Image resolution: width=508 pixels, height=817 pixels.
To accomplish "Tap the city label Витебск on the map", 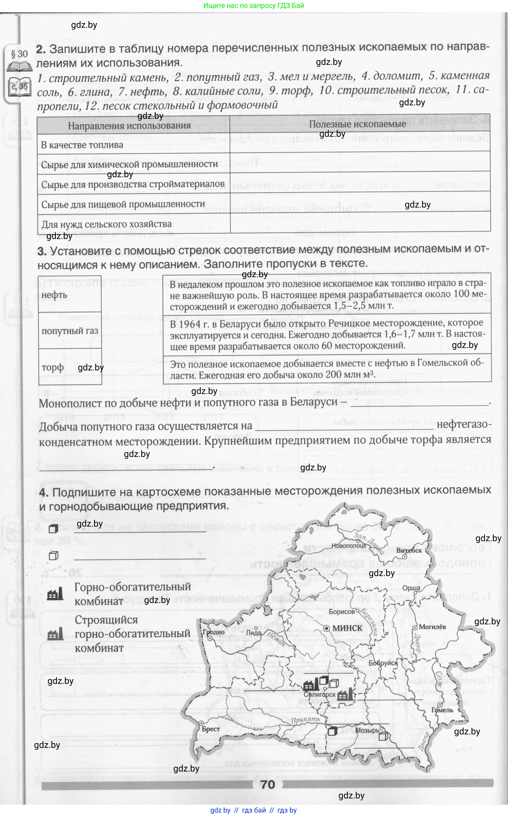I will click(x=409, y=550).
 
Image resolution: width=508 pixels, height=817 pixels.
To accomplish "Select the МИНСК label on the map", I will click(x=347, y=628).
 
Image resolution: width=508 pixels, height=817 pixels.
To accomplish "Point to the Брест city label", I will click(x=211, y=729).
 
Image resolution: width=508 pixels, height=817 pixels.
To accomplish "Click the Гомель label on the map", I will click(x=442, y=710).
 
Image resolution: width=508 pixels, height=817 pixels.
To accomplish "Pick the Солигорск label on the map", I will click(x=320, y=694).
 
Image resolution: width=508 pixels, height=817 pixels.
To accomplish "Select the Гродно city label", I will click(x=214, y=632).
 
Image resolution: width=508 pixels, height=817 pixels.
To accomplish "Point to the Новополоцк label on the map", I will click(x=349, y=546).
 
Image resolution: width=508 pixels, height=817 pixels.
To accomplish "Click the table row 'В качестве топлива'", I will click(x=82, y=145).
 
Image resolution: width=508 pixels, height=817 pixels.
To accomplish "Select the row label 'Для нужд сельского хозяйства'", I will click(x=106, y=224).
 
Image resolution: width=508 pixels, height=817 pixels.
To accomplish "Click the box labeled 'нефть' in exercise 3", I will click(x=70, y=295).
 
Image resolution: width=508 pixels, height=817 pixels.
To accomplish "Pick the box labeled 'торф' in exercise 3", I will click(x=70, y=367).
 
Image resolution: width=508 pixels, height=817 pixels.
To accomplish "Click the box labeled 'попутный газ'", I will click(x=70, y=331).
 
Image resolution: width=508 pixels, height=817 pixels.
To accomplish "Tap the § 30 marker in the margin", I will click(x=19, y=54).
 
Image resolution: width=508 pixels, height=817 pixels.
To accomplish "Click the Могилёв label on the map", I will click(x=432, y=627).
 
